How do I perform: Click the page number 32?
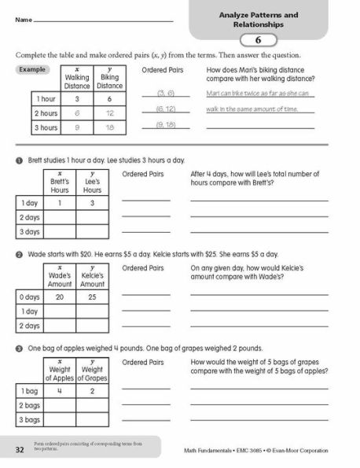pyautogui.click(x=20, y=448)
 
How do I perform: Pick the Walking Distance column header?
pyautogui.click(x=77, y=79)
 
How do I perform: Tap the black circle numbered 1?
pyautogui.click(x=19, y=159)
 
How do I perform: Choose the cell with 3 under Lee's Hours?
pyautogui.click(x=92, y=203)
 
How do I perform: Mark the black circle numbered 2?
pyautogui.click(x=19, y=255)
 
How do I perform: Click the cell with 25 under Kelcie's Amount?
pyautogui.click(x=92, y=297)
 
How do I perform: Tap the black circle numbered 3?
pyautogui.click(x=19, y=348)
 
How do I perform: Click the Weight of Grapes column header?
pyautogui.click(x=92, y=373)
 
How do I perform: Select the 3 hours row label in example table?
pyautogui.click(x=46, y=127)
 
